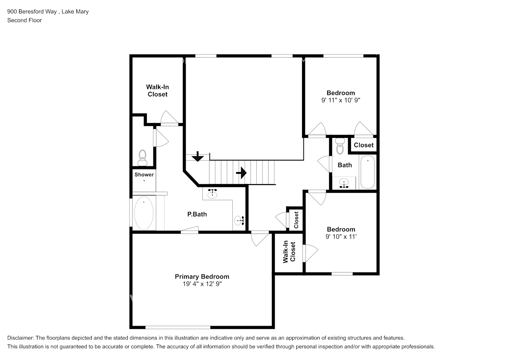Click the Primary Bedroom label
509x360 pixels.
(202, 276)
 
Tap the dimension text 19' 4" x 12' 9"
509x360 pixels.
(202, 284)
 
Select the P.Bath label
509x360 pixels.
(197, 214)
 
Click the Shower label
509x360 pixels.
(144, 175)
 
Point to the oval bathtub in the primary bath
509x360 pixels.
(144, 213)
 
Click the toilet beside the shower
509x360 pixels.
(143, 158)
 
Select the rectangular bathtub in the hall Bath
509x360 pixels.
(367, 172)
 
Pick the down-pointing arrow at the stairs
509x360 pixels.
(197, 157)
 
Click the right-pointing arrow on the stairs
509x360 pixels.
(242, 173)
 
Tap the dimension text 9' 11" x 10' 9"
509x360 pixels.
(341, 100)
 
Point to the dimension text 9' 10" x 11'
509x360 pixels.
(341, 237)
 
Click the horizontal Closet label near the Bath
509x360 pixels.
(364, 145)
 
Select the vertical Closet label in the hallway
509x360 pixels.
(296, 220)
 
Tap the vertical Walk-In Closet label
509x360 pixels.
(289, 252)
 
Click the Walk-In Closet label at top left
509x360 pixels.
(157, 91)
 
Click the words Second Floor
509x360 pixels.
(24, 20)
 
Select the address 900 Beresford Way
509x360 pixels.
(32, 12)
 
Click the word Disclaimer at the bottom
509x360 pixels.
(20, 338)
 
